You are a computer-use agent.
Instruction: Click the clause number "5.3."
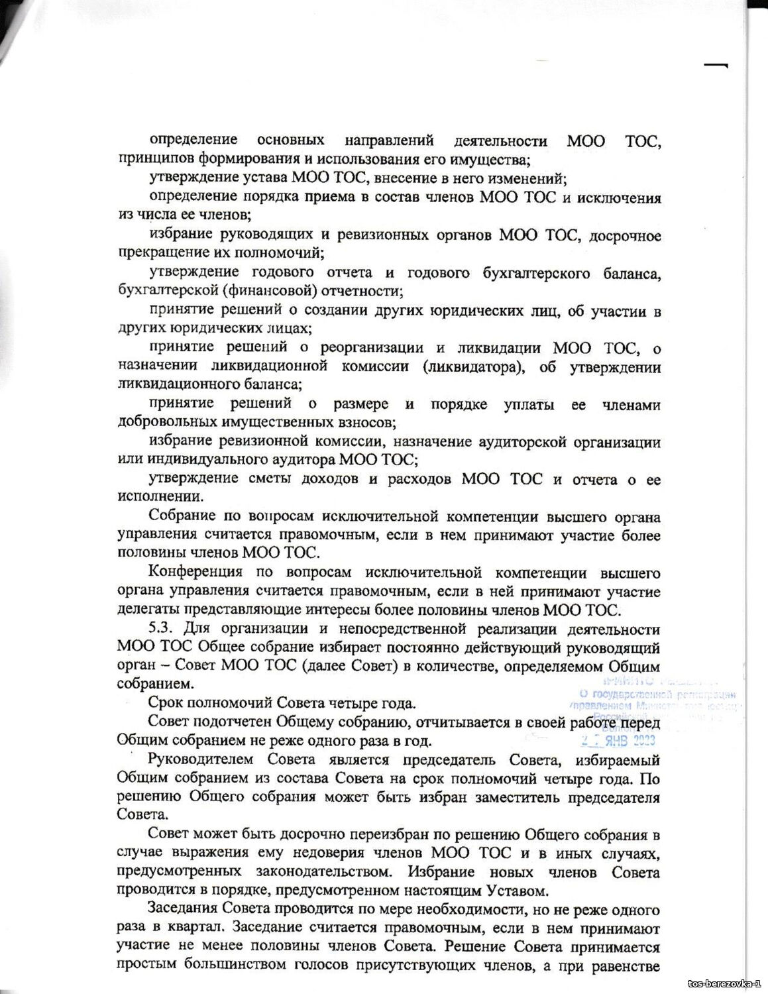pos(162,628)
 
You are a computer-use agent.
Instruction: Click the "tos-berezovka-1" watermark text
pos(725,983)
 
